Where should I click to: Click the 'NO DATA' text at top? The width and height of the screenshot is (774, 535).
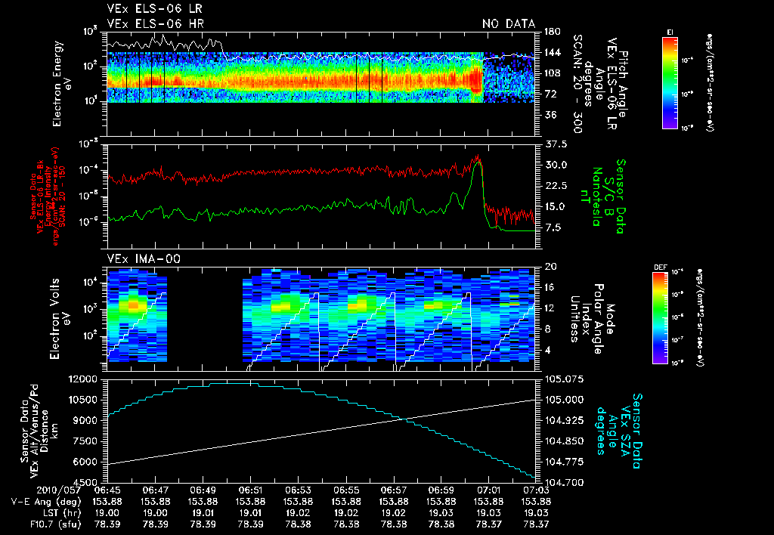coord(509,23)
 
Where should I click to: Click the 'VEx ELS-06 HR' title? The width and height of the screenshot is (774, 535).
coord(147,23)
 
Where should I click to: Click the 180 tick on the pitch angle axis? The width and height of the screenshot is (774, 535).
coord(551,32)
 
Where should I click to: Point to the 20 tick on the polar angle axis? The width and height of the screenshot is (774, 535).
coord(550,267)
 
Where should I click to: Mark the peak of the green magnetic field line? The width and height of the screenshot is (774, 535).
coord(476,162)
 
